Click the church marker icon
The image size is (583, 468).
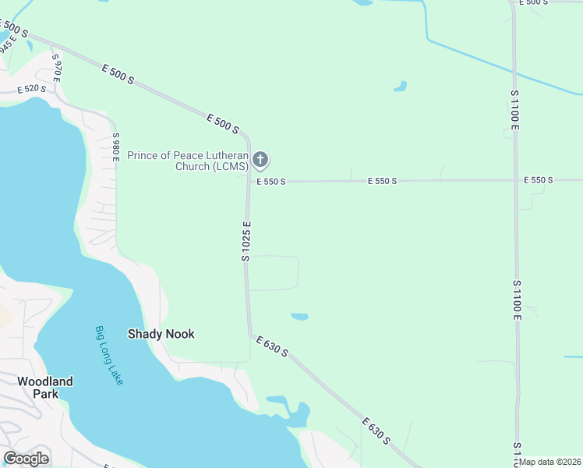click(261, 161)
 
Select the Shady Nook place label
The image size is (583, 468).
click(161, 334)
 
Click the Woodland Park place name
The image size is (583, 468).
click(45, 388)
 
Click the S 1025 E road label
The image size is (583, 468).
click(246, 241)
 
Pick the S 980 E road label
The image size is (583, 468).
click(115, 147)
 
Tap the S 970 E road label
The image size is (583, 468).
click(56, 67)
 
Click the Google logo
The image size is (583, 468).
click(26, 458)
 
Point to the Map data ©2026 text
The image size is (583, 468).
click(550, 462)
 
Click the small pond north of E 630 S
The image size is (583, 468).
click(299, 317)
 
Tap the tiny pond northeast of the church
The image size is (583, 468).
click(401, 86)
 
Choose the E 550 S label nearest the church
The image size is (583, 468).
click(271, 182)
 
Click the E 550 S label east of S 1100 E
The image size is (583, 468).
click(539, 180)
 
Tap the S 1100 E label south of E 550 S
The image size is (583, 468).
click(516, 300)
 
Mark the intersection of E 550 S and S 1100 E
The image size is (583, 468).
click(515, 180)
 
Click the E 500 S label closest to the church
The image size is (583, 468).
click(223, 123)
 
